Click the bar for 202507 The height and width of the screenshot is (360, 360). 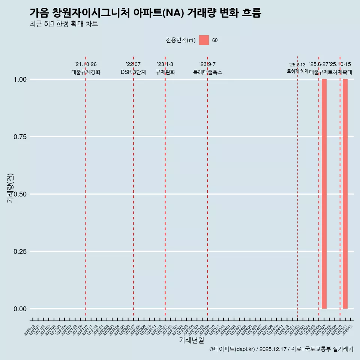324,194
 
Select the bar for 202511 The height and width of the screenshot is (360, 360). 345,194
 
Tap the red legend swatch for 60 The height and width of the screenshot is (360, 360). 204,40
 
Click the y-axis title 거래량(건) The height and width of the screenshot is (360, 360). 10,188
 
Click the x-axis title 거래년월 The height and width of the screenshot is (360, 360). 191,340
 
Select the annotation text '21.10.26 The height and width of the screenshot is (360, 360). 85,64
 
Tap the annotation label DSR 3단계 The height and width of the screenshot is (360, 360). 133,72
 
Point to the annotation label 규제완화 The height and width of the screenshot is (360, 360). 165,72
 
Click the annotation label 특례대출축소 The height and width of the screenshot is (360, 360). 207,72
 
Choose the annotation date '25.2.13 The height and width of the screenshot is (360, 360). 297,65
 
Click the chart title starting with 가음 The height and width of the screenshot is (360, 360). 145,13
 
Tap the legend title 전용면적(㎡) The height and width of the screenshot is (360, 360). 181,40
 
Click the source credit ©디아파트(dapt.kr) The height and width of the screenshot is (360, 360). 232,349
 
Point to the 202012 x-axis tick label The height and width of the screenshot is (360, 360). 30,330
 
